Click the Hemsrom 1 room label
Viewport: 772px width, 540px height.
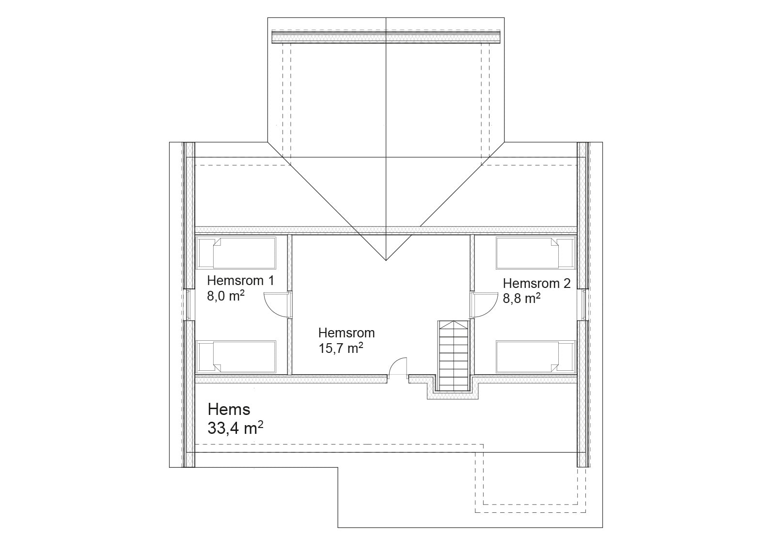point(240,281)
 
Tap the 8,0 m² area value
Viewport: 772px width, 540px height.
point(226,296)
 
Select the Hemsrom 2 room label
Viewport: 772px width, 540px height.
point(536,284)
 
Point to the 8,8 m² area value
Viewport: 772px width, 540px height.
point(521,299)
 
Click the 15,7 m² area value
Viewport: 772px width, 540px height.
point(341,348)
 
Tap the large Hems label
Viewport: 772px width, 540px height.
point(229,410)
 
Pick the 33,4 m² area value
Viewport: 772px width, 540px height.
point(236,429)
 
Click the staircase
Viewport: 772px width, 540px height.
point(454,356)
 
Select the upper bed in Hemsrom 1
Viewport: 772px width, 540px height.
point(236,253)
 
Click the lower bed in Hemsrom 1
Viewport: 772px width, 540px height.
point(236,357)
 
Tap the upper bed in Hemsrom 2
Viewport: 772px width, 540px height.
point(536,253)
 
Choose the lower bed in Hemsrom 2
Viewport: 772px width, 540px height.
point(536,357)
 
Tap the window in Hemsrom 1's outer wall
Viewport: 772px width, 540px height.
point(189,305)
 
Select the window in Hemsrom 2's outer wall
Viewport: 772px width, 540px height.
point(583,305)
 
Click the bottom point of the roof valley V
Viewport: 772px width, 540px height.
point(386,260)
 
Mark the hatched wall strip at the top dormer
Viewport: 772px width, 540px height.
point(386,37)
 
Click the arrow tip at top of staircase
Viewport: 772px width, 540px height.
point(454,321)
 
